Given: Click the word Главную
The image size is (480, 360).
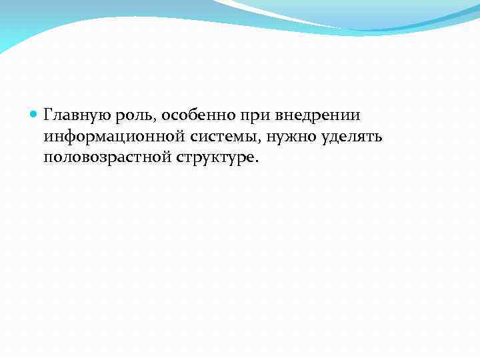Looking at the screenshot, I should pyautogui.click(x=72, y=115).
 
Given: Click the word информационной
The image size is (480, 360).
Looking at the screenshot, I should pyautogui.click(x=111, y=137).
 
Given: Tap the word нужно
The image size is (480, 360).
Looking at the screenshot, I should pyautogui.click(x=291, y=137).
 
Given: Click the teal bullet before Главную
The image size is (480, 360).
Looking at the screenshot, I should pyautogui.click(x=35, y=115).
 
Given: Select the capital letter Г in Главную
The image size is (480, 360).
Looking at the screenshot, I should pyautogui.click(x=48, y=115).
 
